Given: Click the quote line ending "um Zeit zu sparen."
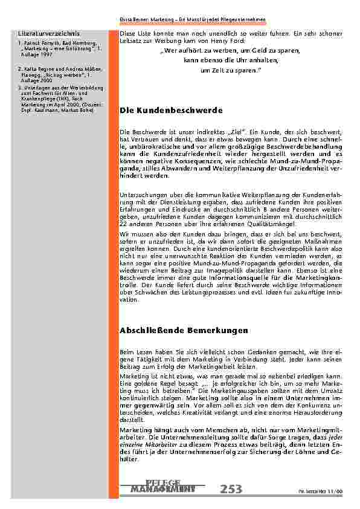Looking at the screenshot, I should [x=230, y=71].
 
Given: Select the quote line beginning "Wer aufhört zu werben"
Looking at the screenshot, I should [x=230, y=52].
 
